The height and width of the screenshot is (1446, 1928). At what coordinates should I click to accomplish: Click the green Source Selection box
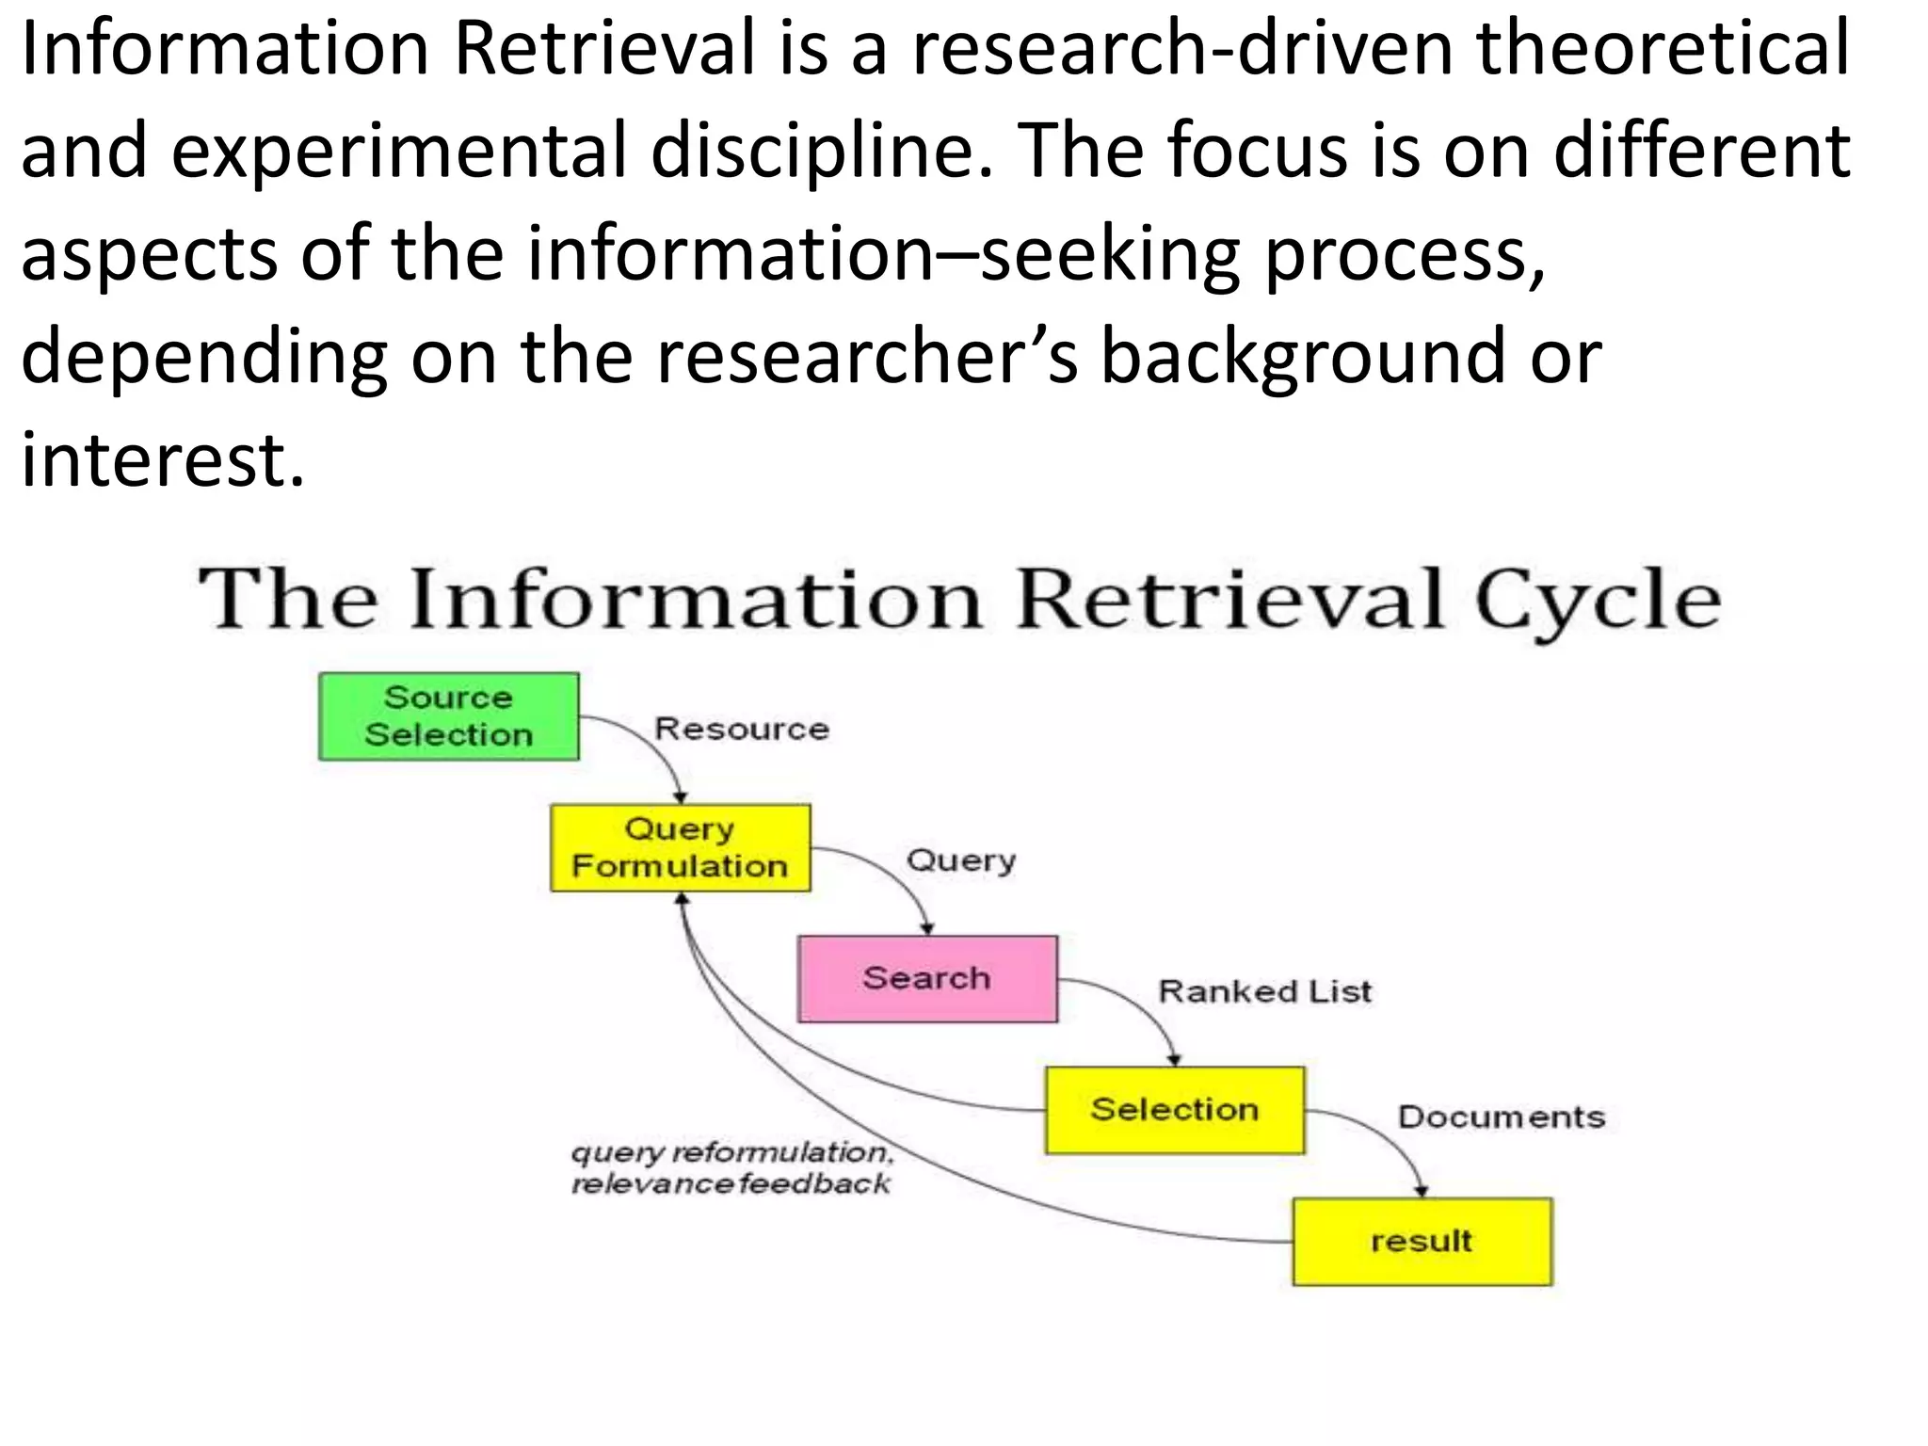[449, 716]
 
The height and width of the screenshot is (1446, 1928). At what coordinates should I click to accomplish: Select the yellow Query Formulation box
[680, 847]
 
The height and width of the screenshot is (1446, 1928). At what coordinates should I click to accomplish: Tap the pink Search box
[927, 978]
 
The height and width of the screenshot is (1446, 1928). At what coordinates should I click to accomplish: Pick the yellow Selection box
[1175, 1110]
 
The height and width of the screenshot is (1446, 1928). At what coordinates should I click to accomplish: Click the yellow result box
[1422, 1241]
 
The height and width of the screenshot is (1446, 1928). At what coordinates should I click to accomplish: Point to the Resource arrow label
[742, 729]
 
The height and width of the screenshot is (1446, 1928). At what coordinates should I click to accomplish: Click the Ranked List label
[1264, 991]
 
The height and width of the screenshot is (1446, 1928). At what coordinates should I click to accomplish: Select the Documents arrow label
[1502, 1117]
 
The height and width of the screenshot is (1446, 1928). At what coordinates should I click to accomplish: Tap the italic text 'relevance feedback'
[731, 1183]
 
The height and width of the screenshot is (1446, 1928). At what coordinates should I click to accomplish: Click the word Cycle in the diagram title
[1598, 600]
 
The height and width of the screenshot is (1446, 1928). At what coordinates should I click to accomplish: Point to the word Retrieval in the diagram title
[1230, 600]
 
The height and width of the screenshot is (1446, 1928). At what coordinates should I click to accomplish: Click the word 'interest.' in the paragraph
[163, 459]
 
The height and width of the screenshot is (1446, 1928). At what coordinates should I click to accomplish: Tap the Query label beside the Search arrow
[961, 860]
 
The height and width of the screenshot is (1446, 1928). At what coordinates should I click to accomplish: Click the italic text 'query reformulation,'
[732, 1152]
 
